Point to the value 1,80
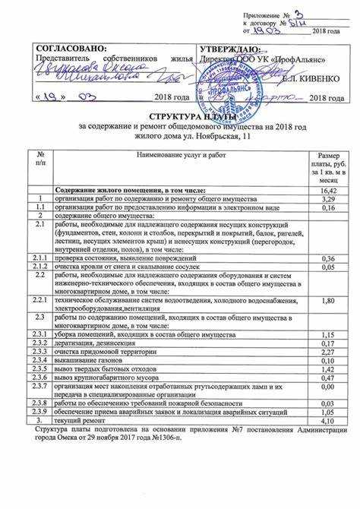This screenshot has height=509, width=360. tap(328, 302)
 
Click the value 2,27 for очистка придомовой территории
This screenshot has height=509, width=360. tap(328, 353)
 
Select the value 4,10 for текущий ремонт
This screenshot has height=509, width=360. tap(328, 420)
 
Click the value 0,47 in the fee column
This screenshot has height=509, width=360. tap(328, 378)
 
